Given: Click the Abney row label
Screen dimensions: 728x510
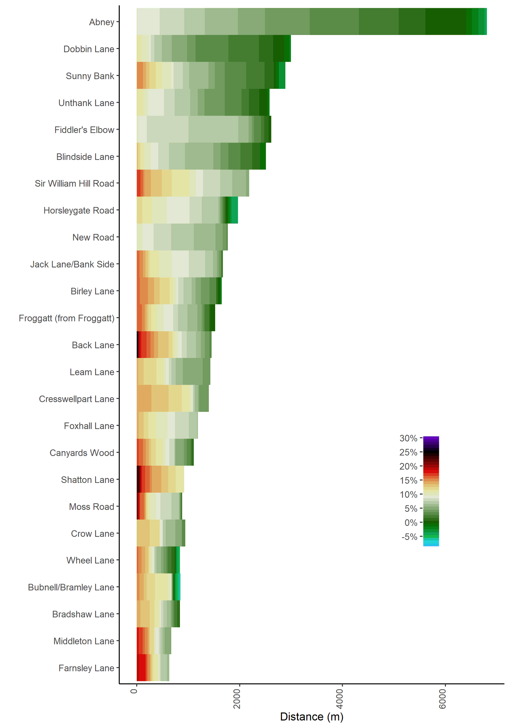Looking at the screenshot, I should pos(101,22).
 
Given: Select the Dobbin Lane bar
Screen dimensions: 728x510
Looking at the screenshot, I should pos(213,49).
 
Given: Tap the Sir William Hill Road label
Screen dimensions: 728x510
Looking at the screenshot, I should pos(74,184).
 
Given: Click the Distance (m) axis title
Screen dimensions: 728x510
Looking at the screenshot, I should pos(312,717).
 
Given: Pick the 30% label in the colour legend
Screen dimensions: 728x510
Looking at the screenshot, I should pos(408,438).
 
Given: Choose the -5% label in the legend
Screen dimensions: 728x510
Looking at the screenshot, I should pos(409,537).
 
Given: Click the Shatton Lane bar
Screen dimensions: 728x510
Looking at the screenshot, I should pos(160,480).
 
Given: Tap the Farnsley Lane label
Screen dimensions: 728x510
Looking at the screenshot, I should pos(86,668).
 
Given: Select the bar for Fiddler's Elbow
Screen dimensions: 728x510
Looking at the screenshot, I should pos(204,129).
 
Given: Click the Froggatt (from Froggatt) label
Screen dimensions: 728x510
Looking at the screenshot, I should pos(67,318).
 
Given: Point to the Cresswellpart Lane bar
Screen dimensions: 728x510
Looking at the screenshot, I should pos(172,398).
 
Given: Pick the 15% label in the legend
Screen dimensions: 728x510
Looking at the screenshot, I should pos(408,481).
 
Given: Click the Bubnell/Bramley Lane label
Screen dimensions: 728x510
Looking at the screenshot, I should pos(71,588).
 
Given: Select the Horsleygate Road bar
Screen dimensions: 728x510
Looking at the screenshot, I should pos(187,210).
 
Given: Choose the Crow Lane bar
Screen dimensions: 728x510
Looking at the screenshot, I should pos(161,533).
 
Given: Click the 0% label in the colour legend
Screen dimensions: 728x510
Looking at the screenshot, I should pos(411,523).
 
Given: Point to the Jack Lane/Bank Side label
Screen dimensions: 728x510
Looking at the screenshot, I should pos(72,264).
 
